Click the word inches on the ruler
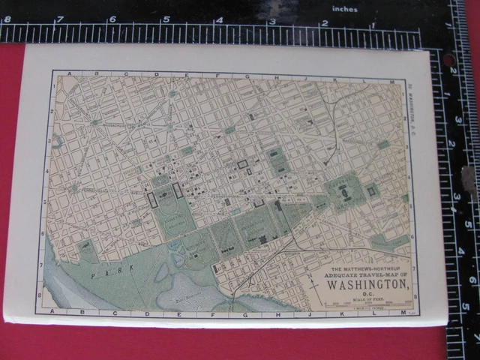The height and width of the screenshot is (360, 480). pyautogui.click(x=345, y=10)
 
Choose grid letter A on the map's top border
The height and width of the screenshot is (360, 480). pyautogui.click(x=69, y=74)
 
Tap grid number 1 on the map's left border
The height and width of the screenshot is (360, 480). pyautogui.click(x=52, y=86)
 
